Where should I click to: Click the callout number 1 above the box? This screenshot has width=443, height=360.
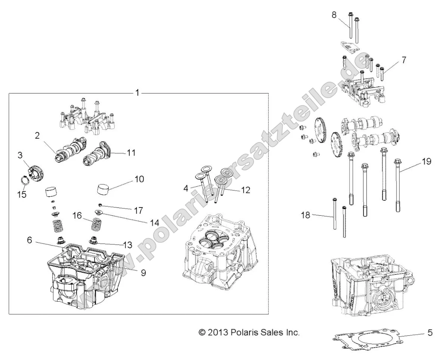[x=137, y=93]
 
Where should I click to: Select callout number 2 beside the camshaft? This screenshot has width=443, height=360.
[x=37, y=136]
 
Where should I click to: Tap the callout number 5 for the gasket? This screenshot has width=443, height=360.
[x=430, y=332]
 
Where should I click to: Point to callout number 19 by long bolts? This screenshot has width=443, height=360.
[x=427, y=161]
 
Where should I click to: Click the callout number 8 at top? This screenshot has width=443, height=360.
[x=334, y=15]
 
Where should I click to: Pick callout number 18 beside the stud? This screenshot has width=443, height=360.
[x=306, y=215]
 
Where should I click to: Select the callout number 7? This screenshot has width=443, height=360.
[x=393, y=59]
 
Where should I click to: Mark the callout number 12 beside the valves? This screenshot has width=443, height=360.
[x=245, y=190]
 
